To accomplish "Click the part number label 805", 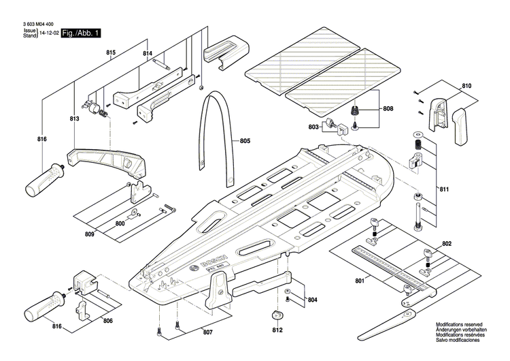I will [x=245, y=141].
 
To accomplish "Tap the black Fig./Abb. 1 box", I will [x=81, y=33].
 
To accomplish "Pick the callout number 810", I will [x=466, y=86].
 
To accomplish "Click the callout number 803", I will [x=313, y=127].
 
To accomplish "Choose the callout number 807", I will [x=207, y=332].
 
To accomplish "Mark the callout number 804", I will [x=312, y=299].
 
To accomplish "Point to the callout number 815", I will [x=111, y=52].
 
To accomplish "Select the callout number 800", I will [x=120, y=223].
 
